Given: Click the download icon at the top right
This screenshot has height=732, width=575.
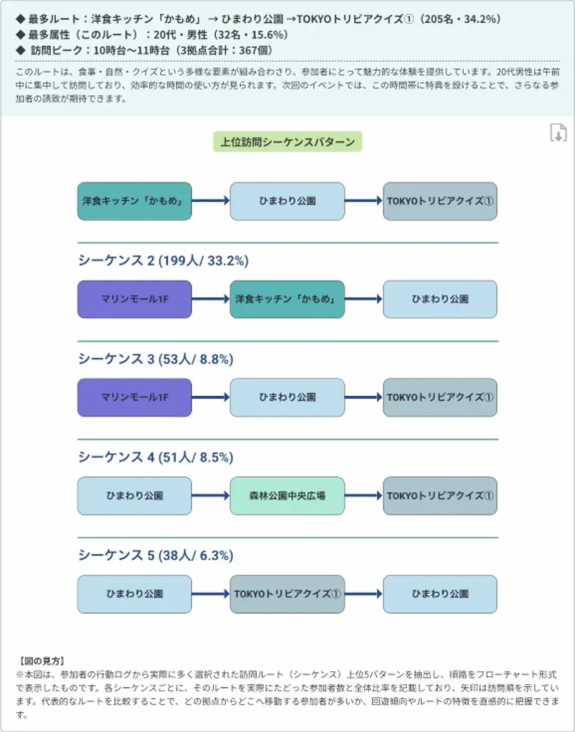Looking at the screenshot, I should [558, 132].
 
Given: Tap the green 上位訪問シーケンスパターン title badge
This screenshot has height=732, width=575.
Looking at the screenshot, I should [287, 142].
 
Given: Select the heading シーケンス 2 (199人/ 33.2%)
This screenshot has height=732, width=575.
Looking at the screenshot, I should [163, 261].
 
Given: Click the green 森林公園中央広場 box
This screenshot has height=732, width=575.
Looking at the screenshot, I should [287, 495].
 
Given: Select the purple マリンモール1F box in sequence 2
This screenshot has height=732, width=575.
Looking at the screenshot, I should [134, 299].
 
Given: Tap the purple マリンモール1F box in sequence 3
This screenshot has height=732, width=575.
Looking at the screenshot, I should [134, 397].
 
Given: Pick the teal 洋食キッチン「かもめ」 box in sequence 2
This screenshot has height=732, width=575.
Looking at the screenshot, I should [287, 299].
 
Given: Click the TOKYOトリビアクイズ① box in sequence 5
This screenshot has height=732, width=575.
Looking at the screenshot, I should [287, 594].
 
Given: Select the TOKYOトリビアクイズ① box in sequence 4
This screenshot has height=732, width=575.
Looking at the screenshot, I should [440, 495].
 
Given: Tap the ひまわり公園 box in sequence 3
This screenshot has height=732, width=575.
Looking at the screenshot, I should [287, 397].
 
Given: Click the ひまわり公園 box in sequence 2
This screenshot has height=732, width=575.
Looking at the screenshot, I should [440, 299].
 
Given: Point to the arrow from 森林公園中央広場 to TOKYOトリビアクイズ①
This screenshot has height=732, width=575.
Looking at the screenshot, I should [363, 495].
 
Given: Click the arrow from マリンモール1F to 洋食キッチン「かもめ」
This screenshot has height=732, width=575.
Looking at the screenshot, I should [210, 299].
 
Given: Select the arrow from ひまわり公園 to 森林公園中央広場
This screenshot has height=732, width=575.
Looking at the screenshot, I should [210, 495].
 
